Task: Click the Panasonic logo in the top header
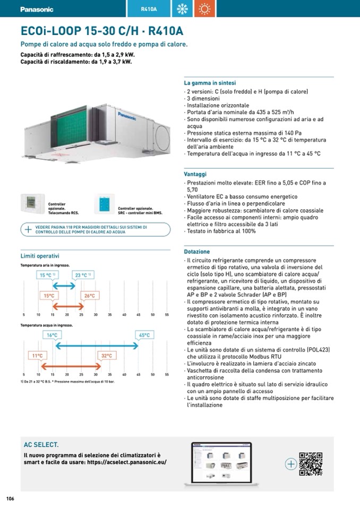(x=37, y=9)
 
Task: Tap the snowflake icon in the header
(x=182, y=9)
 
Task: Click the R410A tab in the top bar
(x=149, y=9)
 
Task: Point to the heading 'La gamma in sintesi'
(x=210, y=83)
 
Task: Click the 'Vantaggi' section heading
(x=195, y=174)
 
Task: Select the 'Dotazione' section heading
(x=197, y=252)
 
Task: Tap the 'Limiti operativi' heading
(x=40, y=256)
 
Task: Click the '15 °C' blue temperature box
(x=47, y=275)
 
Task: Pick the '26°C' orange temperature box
(x=89, y=296)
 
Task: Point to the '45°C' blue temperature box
(x=144, y=335)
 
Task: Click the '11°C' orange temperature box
(x=37, y=356)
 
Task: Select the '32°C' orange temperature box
(x=106, y=356)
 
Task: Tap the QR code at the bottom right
(x=311, y=463)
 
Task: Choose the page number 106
(x=10, y=498)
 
